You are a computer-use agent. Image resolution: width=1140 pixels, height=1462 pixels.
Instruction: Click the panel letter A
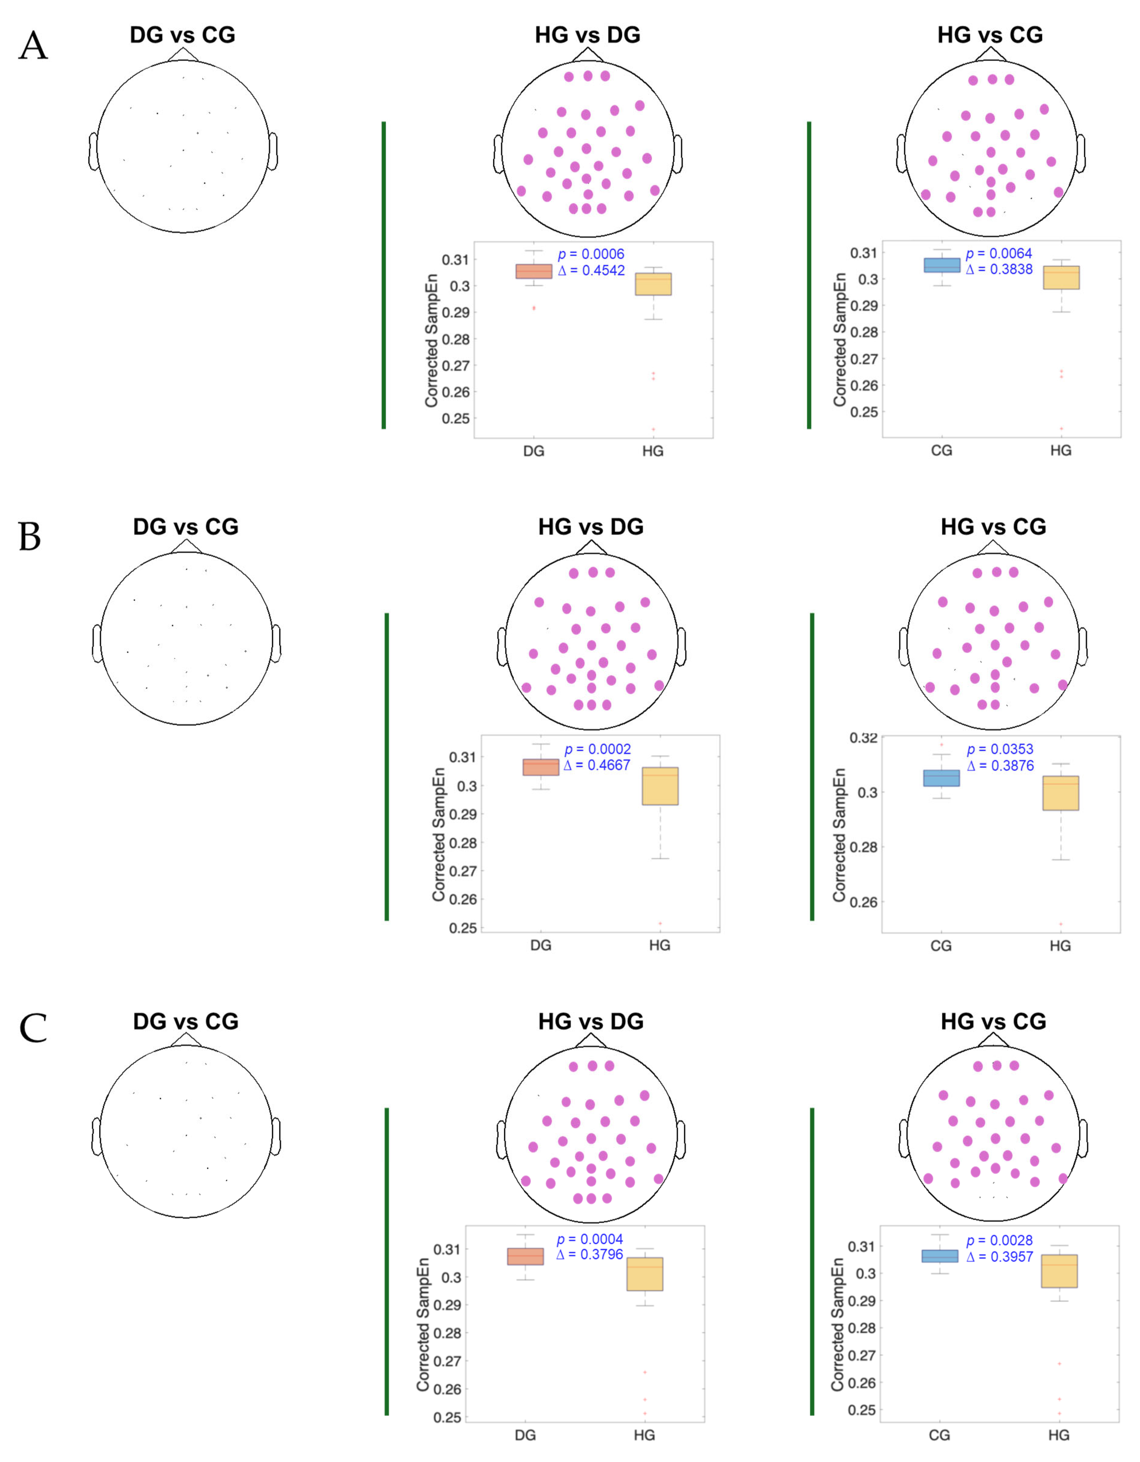33,47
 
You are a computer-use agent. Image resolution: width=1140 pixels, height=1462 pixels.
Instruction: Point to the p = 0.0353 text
1000,749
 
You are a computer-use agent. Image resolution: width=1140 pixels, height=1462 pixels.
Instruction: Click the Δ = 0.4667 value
597,765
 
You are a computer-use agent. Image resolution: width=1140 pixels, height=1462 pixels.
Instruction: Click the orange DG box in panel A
534,271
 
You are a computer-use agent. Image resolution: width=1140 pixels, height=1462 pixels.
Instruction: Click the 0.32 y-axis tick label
864,738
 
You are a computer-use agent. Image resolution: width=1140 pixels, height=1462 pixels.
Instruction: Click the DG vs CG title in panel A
183,35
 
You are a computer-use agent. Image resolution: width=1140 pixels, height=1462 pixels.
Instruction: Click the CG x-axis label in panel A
941,451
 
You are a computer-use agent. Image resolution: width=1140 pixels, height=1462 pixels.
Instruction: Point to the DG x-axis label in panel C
526,1435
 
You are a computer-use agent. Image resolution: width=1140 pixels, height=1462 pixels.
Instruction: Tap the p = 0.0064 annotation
999,253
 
